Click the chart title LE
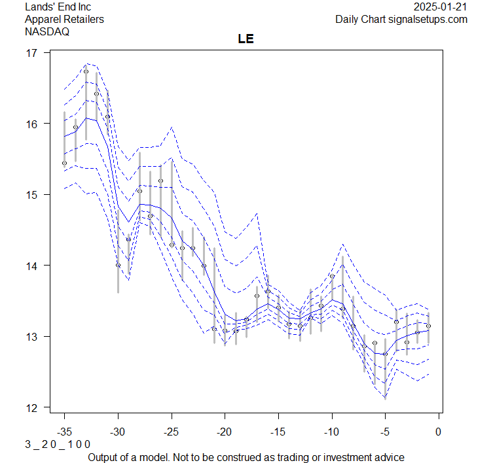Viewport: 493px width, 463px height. [246, 39]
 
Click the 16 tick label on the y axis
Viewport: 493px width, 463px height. [32, 124]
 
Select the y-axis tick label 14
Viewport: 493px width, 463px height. [32, 266]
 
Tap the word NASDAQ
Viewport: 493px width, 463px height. [47, 31]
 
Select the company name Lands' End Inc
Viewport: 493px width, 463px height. [58, 7]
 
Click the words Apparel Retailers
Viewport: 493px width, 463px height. [64, 19]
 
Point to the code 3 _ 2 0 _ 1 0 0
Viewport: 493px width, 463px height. [58, 444]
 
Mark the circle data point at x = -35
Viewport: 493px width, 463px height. [64, 163]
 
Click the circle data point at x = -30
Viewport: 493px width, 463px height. [118, 265]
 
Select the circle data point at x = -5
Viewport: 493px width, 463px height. [385, 354]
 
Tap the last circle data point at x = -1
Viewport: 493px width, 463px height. [428, 326]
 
